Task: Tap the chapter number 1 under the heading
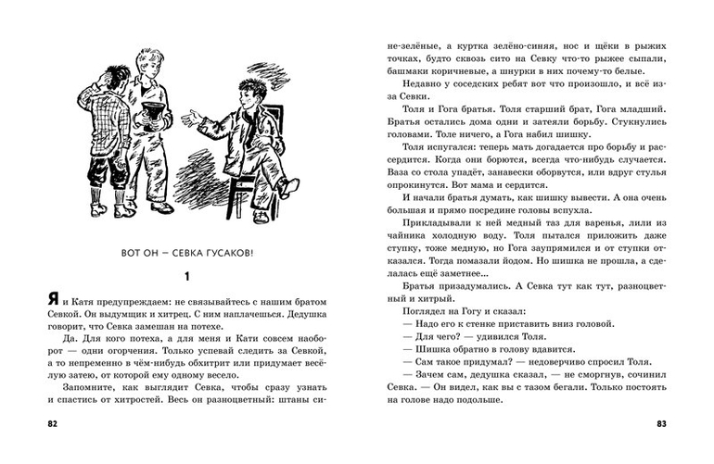[x=186, y=275]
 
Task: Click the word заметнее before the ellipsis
[x=457, y=281]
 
